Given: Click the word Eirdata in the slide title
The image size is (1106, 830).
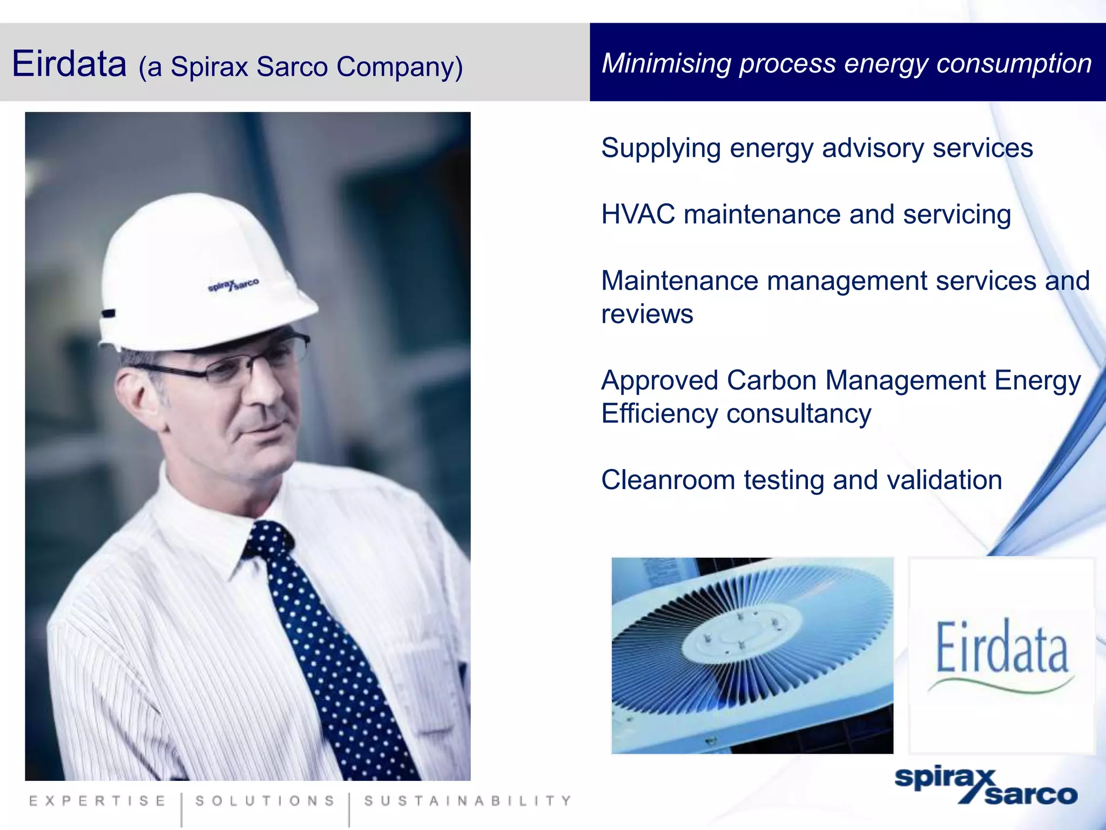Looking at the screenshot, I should click(69, 64).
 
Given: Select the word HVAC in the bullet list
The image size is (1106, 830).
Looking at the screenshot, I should click(638, 215).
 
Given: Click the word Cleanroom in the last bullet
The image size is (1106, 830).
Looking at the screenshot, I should click(667, 480).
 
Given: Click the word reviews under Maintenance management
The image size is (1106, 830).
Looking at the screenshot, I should click(647, 314).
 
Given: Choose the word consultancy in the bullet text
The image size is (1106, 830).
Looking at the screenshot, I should click(799, 414).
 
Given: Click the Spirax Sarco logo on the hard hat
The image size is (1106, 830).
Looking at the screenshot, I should click(233, 285).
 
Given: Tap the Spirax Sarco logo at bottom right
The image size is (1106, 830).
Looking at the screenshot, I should click(986, 786).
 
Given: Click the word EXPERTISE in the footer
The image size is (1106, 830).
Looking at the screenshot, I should click(98, 801).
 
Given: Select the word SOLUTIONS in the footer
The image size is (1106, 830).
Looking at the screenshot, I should click(265, 801).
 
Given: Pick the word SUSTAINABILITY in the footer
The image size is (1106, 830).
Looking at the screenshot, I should click(468, 801).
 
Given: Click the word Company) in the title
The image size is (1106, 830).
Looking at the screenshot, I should click(399, 68).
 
